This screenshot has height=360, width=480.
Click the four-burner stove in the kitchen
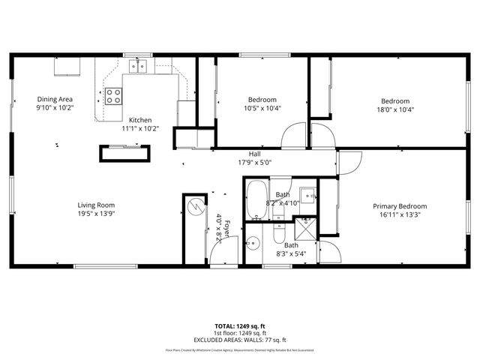[113, 95]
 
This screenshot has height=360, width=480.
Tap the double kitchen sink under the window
[137, 67]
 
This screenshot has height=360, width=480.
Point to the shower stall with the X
[305, 231]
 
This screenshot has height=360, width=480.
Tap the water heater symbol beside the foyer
[194, 207]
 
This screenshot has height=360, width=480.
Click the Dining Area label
[55, 99]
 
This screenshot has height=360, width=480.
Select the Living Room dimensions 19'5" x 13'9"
[96, 214]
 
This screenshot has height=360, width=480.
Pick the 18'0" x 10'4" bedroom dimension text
[395, 109]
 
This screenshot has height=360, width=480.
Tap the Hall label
[254, 153]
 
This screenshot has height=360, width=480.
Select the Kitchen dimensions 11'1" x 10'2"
[140, 128]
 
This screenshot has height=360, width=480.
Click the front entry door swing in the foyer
[223, 254]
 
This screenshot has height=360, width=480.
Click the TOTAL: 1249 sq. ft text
[240, 327]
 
